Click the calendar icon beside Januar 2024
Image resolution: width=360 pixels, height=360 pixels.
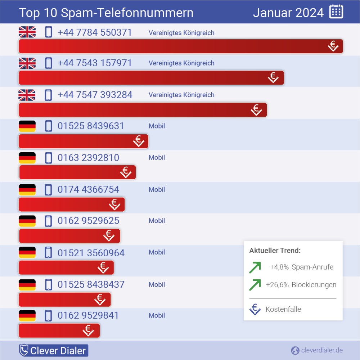tap(336, 12)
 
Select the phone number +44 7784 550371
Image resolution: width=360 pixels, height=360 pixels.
tap(95, 32)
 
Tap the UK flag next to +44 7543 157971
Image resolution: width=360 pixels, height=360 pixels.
tap(27, 63)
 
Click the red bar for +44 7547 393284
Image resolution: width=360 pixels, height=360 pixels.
tap(143, 110)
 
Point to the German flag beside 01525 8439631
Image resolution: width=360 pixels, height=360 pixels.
tap(27, 126)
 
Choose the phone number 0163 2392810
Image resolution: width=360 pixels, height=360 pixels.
tap(88, 158)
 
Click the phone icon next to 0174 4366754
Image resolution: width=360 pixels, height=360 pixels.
tap(48, 189)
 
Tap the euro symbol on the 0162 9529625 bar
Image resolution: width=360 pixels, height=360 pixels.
tap(109, 236)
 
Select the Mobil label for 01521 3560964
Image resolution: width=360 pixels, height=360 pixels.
tap(157, 252)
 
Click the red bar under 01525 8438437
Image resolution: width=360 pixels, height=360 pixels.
tap(64, 300)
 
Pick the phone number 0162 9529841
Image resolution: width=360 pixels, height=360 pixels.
tap(88, 315)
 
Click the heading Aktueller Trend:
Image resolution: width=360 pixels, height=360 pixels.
tap(275, 251)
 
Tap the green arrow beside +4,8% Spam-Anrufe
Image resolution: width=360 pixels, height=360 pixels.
tap(255, 267)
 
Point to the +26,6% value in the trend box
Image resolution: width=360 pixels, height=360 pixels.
tap(277, 285)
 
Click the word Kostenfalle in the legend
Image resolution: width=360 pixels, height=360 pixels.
tap(283, 309)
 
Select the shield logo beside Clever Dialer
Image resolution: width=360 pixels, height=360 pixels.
tap(24, 350)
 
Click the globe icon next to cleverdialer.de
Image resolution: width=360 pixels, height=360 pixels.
tap(295, 350)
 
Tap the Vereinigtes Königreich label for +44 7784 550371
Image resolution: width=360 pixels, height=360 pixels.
tap(181, 33)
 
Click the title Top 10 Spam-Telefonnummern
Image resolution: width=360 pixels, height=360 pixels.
tap(106, 13)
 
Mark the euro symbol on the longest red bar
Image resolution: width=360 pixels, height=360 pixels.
tap(333, 46)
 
